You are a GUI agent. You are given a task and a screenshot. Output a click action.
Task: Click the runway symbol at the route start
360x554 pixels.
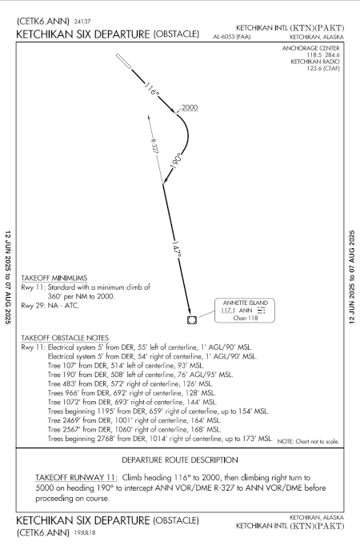click(x=124, y=62)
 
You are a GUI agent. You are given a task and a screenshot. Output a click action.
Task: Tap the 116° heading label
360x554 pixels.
click(x=152, y=89)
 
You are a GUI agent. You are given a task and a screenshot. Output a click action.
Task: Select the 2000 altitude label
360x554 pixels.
click(x=190, y=107)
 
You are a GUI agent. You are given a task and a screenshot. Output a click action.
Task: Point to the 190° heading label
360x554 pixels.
click(x=175, y=161)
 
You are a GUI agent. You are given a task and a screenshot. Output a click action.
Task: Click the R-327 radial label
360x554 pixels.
click(x=154, y=146)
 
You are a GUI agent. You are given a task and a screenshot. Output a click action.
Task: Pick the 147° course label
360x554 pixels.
click(x=177, y=249)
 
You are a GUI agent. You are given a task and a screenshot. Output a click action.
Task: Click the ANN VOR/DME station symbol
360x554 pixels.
click(x=192, y=319)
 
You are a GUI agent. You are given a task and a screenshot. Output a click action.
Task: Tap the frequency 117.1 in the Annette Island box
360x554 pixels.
click(x=228, y=311)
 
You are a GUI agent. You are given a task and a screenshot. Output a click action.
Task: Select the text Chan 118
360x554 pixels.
click(x=246, y=318)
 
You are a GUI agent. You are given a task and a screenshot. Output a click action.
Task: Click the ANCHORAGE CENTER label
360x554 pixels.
click(x=310, y=48)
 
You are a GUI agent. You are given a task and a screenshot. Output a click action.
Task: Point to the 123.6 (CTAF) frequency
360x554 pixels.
click(x=323, y=68)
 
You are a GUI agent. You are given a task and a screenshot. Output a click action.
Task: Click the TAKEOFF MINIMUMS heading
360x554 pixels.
click(x=54, y=278)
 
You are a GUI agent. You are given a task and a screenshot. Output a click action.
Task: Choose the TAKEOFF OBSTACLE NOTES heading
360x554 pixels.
click(x=65, y=338)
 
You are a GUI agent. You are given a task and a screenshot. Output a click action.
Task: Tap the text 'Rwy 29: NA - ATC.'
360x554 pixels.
click(x=50, y=305)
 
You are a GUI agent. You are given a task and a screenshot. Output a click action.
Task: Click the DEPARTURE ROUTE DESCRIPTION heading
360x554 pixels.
click(x=180, y=460)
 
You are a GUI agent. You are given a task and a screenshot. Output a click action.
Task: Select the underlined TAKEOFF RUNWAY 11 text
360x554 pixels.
click(x=76, y=478)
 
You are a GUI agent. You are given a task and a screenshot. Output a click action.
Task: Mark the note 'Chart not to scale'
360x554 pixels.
click(x=308, y=441)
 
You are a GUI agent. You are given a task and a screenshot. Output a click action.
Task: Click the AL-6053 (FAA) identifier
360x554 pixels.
click(x=232, y=36)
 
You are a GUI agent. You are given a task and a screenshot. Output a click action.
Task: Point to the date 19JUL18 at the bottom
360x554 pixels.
click(x=85, y=532)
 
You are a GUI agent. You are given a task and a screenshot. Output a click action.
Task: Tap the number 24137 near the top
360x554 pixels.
click(x=82, y=22)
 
